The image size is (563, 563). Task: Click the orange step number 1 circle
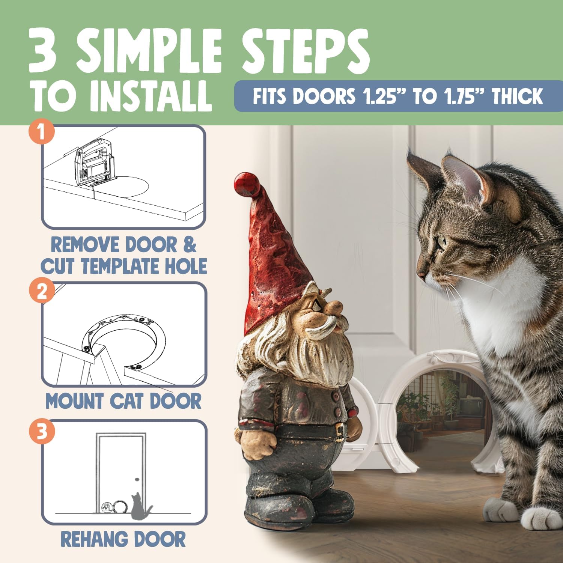tap(42, 132)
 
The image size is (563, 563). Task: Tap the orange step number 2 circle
tap(42, 290)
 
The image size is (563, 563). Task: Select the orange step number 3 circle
tap(42, 431)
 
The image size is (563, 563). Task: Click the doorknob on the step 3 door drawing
tap(137, 480)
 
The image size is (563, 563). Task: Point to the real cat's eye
tap(442, 241)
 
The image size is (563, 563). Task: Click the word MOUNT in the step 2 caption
tap(74, 401)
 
